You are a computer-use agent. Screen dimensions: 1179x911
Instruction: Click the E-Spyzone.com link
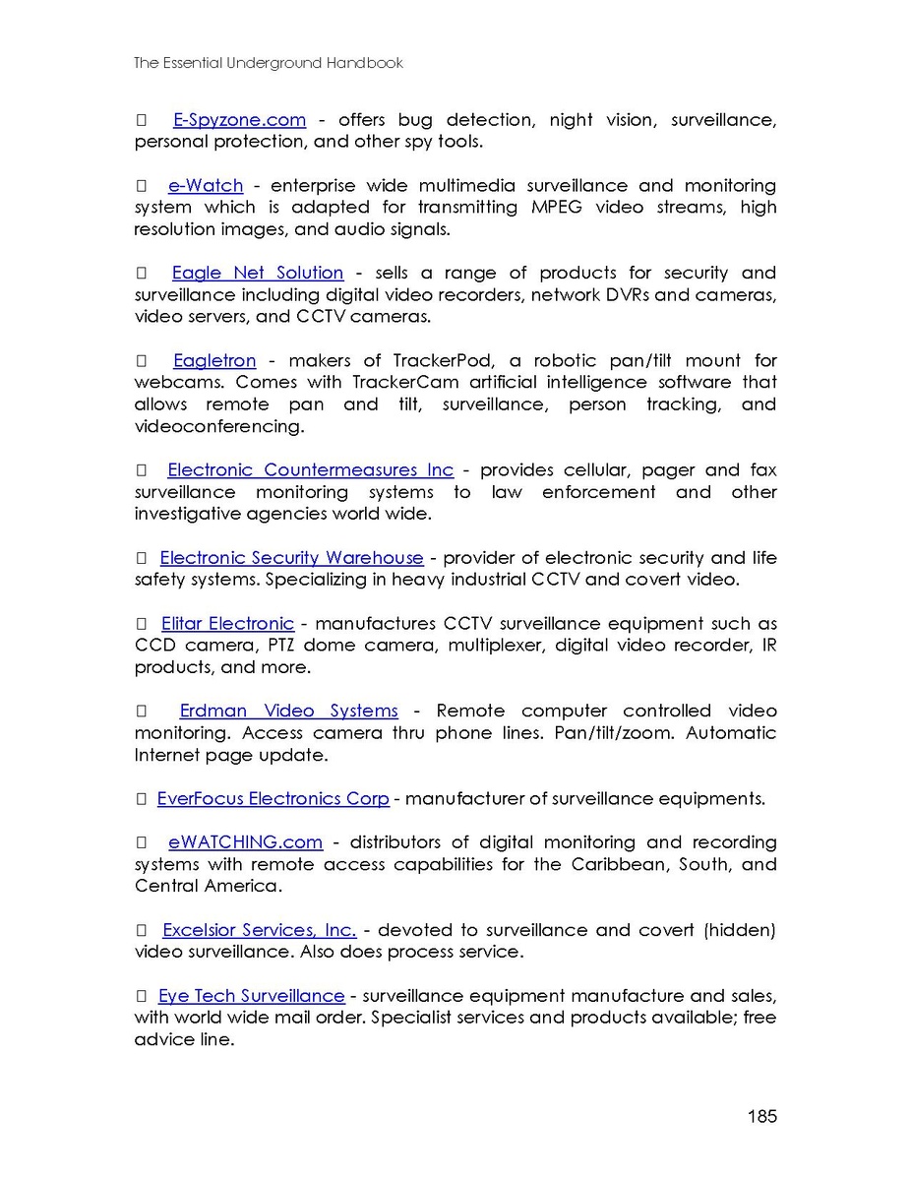(x=239, y=120)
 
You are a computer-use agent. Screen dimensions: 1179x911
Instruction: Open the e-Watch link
(x=206, y=186)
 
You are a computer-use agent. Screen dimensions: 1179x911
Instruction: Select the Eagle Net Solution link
(x=257, y=273)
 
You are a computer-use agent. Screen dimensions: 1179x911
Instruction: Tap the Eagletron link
(x=214, y=360)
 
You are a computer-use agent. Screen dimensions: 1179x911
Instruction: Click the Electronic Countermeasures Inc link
(x=310, y=470)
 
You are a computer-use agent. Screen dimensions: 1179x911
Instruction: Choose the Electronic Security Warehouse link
(x=291, y=558)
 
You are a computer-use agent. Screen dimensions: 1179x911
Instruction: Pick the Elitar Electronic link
(x=227, y=623)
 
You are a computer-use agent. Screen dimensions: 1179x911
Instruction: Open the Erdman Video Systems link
(x=288, y=711)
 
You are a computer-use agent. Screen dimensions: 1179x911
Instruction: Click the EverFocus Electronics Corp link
(x=273, y=798)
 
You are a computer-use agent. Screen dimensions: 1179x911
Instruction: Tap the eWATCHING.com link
(x=245, y=842)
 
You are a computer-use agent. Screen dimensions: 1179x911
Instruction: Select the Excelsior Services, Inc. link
(x=259, y=930)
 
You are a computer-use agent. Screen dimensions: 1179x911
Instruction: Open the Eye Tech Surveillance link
(x=251, y=996)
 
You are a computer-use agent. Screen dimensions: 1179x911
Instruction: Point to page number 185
(x=761, y=1116)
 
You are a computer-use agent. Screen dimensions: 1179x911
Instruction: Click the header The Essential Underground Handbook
(x=269, y=63)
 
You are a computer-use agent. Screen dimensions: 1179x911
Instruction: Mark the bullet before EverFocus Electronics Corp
(x=141, y=799)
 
